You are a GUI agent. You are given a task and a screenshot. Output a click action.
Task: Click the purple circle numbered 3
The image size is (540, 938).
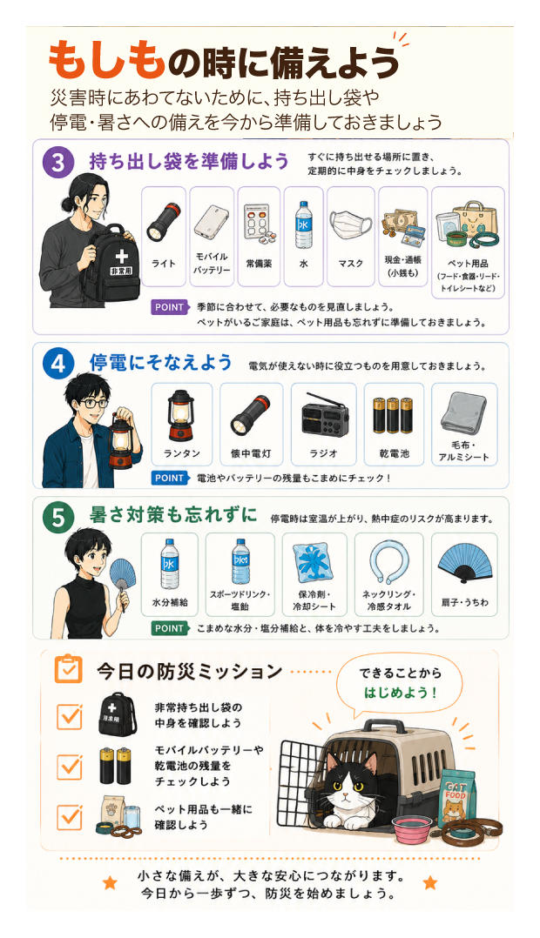click(x=58, y=162)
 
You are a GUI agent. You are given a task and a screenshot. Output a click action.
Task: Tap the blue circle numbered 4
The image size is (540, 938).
click(x=58, y=364)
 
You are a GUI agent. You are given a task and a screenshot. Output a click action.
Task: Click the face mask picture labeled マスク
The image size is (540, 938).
click(x=350, y=226)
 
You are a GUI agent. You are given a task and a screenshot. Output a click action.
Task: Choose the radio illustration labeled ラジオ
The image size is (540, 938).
click(x=323, y=416)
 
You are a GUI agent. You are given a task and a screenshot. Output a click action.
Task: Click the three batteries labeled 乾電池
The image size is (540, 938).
click(x=393, y=415)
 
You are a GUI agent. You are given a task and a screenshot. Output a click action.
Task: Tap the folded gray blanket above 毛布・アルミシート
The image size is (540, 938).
click(x=463, y=412)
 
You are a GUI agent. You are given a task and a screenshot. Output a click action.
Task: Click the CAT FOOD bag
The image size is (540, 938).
click(x=457, y=797)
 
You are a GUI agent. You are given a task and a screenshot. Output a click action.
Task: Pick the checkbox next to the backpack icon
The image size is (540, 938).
click(x=70, y=715)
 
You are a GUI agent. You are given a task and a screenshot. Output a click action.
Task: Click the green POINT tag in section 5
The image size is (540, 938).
click(x=170, y=628)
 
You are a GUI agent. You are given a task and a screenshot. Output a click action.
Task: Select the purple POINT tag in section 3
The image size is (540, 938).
click(x=170, y=307)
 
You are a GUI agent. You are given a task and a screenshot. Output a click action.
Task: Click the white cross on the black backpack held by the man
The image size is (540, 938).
click(x=122, y=257)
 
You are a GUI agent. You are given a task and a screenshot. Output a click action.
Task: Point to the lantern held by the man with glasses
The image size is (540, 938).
click(x=120, y=441)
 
